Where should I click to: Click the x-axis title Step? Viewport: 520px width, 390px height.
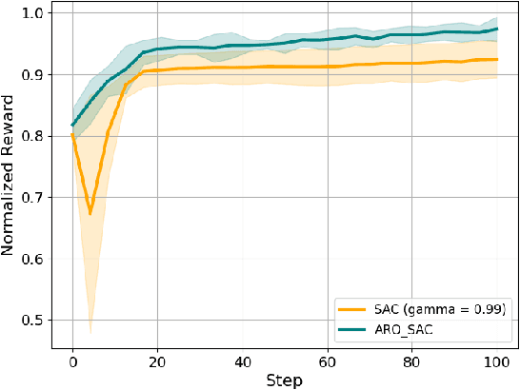coord(284,380)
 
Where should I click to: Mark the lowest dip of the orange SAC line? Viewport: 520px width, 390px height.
coord(90,213)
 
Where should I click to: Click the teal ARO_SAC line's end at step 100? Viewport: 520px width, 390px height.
coord(496,29)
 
